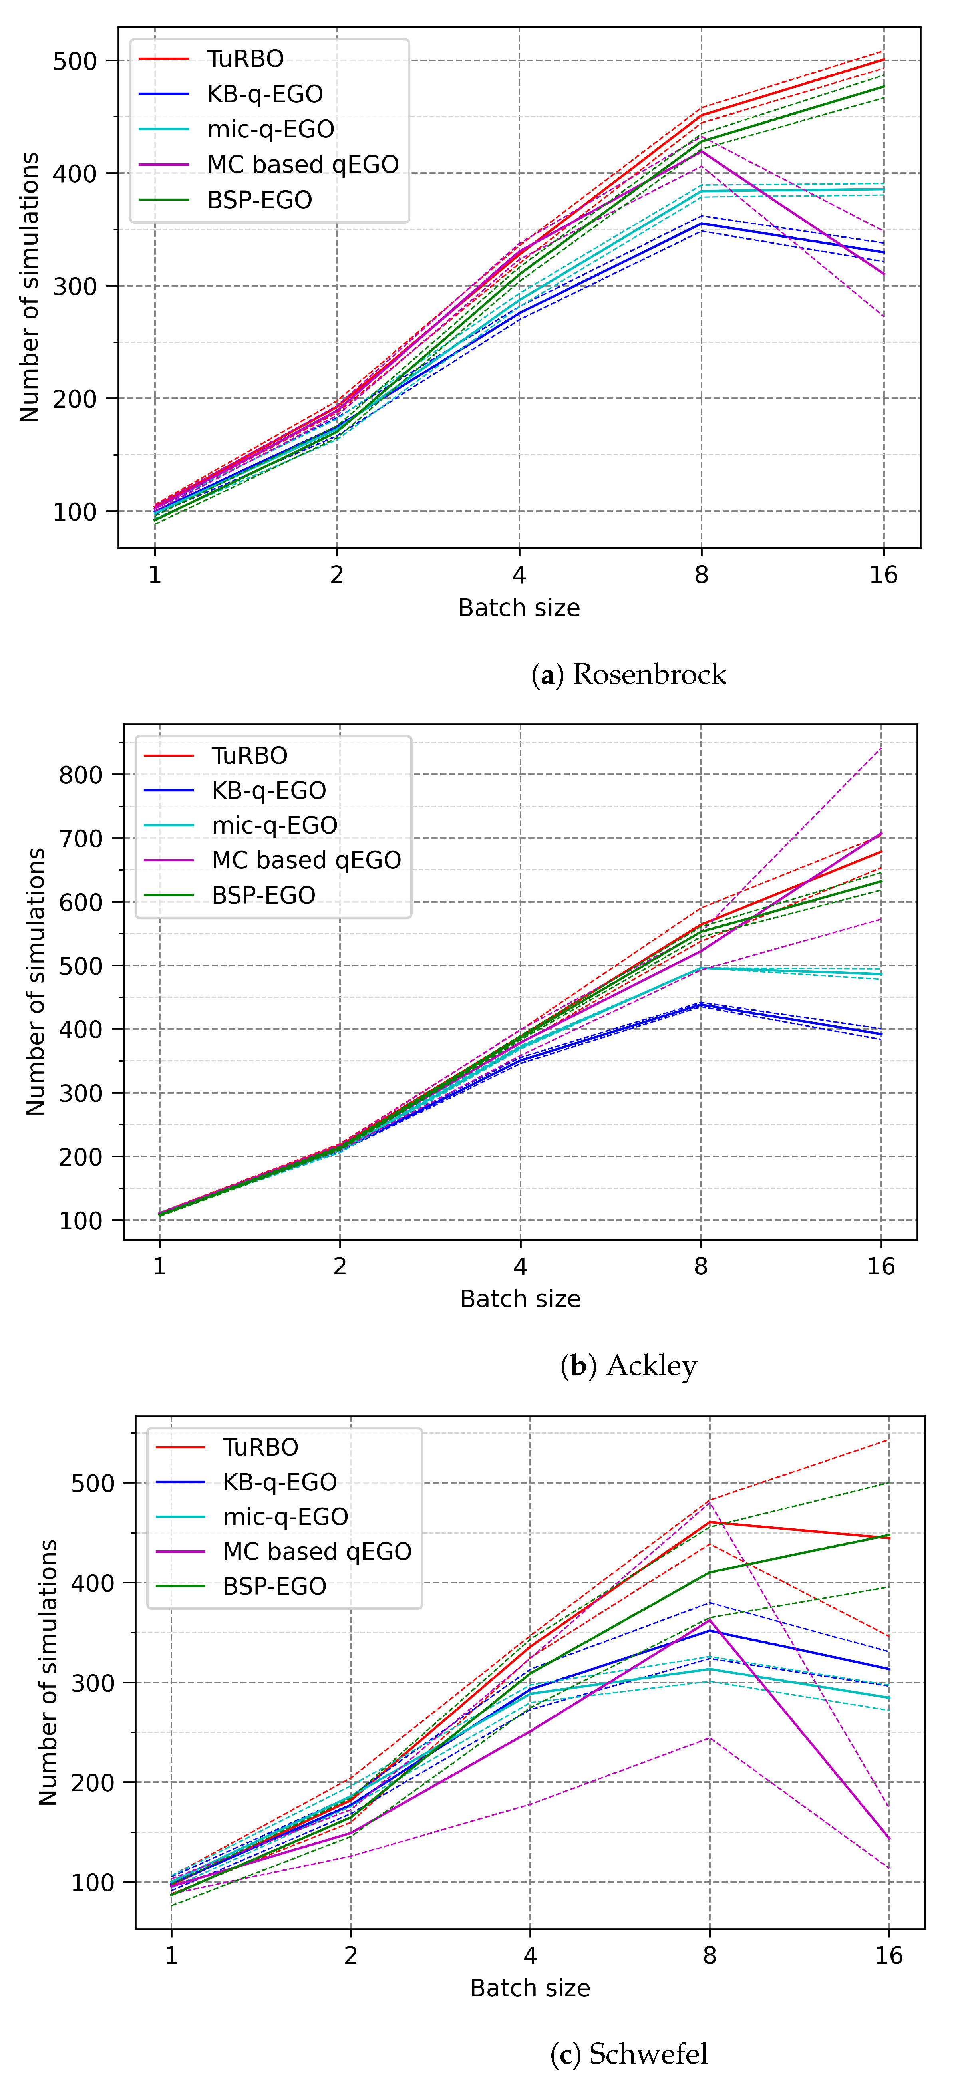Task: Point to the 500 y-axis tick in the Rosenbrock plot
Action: pos(75,61)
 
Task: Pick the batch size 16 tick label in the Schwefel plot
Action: pos(888,1955)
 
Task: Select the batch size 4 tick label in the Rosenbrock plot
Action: pos(519,575)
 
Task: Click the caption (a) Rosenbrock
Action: pos(629,674)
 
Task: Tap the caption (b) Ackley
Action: pos(629,1365)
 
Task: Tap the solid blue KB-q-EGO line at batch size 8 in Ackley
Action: pos(700,1004)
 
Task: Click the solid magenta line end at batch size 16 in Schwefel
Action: pos(888,1838)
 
